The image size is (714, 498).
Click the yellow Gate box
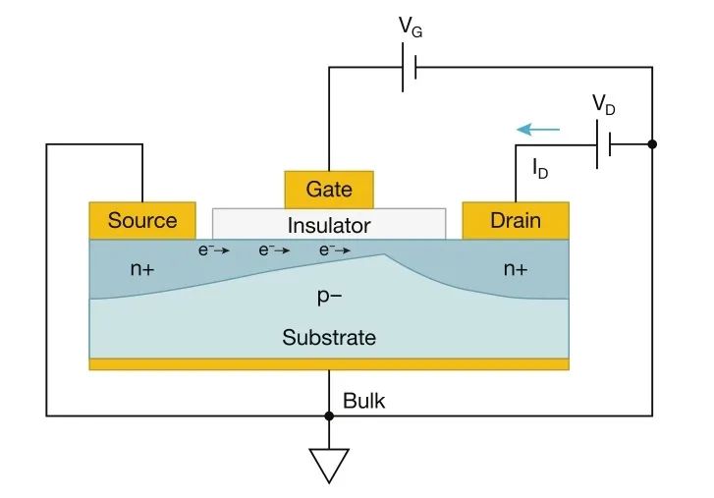(329, 189)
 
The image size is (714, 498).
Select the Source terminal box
(142, 220)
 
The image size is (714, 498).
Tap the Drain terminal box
(515, 220)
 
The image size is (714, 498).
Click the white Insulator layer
(329, 225)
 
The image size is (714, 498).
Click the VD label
(603, 106)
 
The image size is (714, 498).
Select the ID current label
(540, 169)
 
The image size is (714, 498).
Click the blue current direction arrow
(539, 129)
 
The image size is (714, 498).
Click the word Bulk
(364, 401)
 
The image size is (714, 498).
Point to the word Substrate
(329, 338)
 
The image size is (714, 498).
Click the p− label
(329, 296)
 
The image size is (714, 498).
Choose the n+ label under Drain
(516, 267)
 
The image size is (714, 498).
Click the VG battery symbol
(410, 67)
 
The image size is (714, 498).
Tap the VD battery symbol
(603, 143)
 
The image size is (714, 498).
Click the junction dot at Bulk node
(329, 415)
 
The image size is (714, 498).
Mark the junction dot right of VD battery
(652, 143)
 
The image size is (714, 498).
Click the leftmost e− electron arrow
(214, 250)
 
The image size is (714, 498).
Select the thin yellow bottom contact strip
(329, 364)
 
